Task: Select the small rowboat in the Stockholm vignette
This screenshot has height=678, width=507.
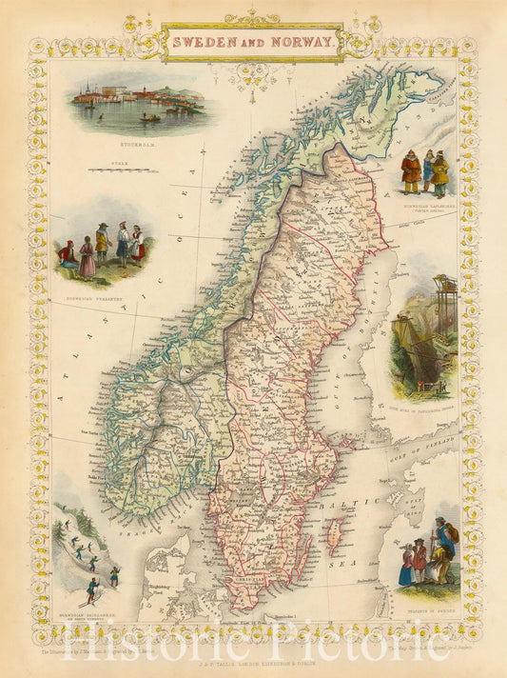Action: click(x=151, y=118)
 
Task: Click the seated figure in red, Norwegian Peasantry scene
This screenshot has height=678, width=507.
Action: click(x=68, y=255)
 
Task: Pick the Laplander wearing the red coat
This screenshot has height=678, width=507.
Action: click(x=410, y=172)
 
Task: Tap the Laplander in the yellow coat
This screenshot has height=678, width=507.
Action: click(x=439, y=174)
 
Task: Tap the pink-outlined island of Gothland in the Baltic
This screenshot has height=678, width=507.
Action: click(x=333, y=537)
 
